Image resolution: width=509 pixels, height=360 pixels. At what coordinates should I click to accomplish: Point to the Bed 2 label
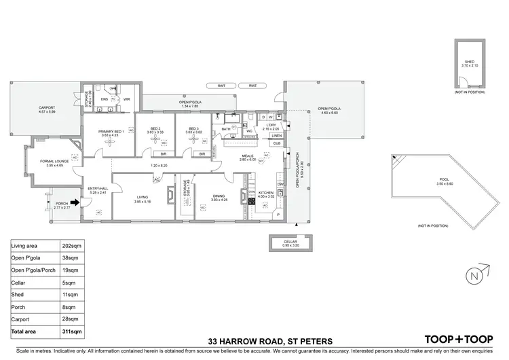[155, 128]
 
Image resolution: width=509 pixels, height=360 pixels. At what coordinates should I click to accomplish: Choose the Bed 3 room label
[193, 128]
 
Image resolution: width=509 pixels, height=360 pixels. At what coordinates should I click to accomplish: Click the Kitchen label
[265, 194]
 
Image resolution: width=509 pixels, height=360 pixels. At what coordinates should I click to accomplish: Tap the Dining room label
[219, 196]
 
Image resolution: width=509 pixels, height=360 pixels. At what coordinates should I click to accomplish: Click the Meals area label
[248, 156]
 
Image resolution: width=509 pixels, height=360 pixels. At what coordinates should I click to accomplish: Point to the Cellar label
[292, 241]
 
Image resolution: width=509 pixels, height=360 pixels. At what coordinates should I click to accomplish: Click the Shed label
[469, 61]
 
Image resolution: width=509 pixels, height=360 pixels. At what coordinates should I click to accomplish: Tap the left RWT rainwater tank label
[221, 86]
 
